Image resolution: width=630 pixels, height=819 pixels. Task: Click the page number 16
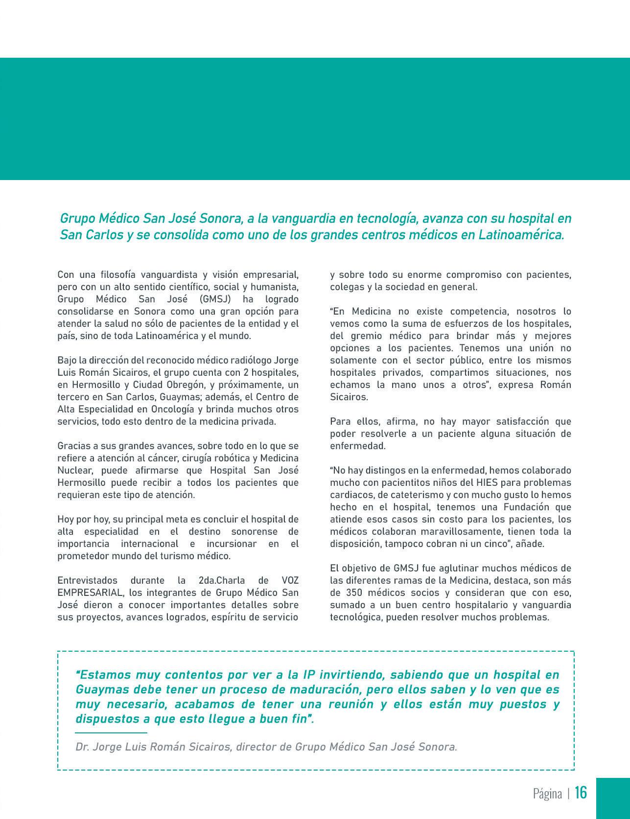tap(581, 793)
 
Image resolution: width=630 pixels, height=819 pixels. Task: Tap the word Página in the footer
tap(547, 794)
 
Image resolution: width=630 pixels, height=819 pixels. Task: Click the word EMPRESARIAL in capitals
tap(90, 592)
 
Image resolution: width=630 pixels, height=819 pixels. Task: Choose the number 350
tap(360, 592)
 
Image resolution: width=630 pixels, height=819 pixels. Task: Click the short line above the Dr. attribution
tap(111, 732)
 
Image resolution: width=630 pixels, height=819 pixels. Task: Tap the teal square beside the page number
tap(613, 798)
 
